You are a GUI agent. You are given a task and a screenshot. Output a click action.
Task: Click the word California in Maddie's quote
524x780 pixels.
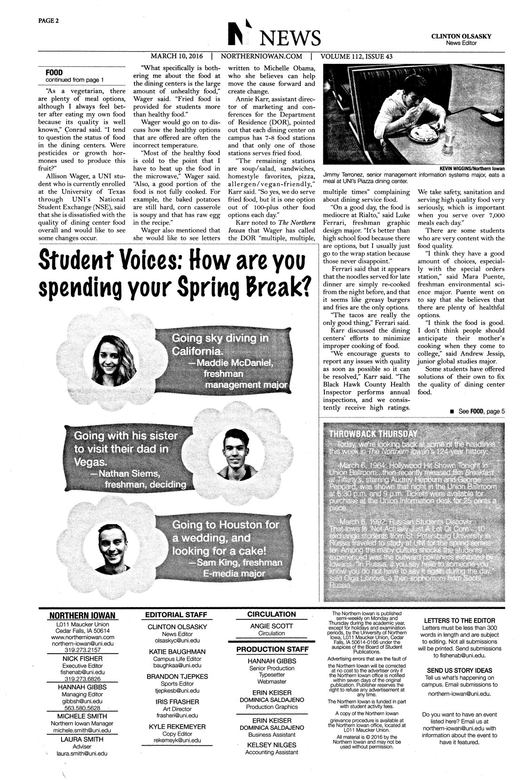196,352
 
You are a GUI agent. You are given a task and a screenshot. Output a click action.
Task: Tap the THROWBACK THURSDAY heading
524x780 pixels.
374,432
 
